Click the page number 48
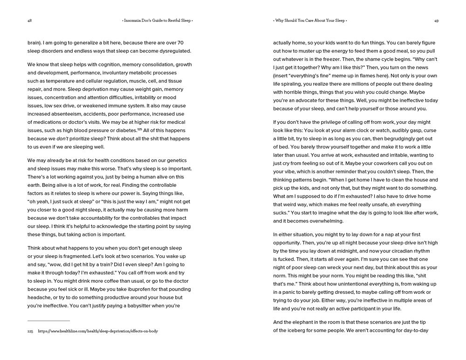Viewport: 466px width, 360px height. (x=29, y=21)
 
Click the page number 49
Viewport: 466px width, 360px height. (x=436, y=21)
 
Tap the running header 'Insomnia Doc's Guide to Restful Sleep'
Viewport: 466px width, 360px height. (x=157, y=21)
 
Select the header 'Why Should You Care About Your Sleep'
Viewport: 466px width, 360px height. (x=310, y=21)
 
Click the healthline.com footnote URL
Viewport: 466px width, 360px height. (x=98, y=331)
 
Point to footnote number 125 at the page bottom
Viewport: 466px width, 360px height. (x=30, y=331)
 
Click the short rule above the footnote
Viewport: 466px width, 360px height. (x=48, y=321)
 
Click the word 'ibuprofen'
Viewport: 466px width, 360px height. (x=126, y=289)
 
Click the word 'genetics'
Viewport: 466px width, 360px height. (x=178, y=160)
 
